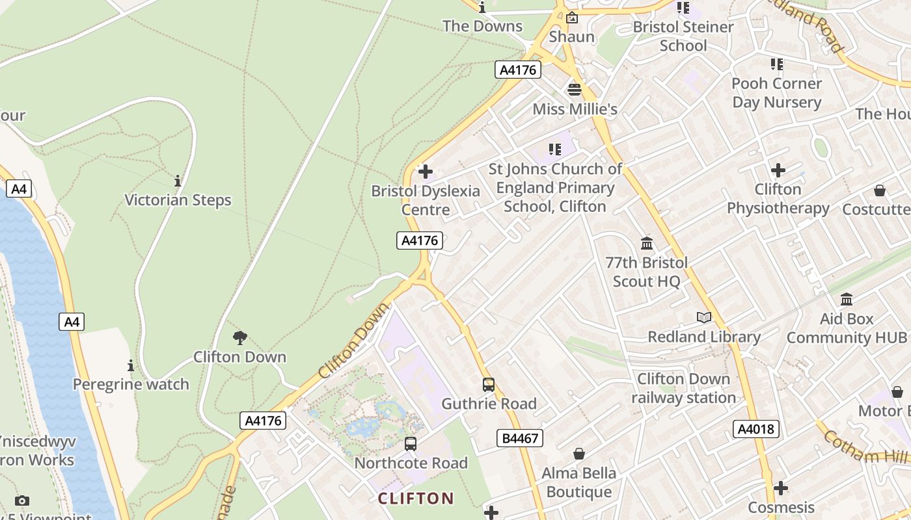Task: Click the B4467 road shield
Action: click(x=520, y=438)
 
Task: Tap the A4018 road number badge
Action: click(x=756, y=428)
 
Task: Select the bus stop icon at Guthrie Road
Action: click(x=489, y=385)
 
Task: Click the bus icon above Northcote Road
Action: click(x=411, y=444)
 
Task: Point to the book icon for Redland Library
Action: click(x=704, y=318)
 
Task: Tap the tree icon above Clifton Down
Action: click(x=240, y=337)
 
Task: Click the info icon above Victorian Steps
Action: click(x=178, y=181)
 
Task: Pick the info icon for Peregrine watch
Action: click(x=131, y=365)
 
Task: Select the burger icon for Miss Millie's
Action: click(x=575, y=90)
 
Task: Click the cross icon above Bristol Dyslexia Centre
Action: click(x=426, y=172)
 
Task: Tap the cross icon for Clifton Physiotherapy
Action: click(x=778, y=170)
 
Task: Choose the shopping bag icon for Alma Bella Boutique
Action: click(x=578, y=454)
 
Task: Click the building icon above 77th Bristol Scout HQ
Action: click(x=647, y=244)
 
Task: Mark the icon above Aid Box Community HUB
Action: click(x=847, y=300)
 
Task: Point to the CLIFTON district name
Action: click(x=416, y=499)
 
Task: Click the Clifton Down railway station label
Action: click(x=683, y=388)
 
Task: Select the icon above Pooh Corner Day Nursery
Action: click(x=777, y=64)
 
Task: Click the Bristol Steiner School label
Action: click(x=683, y=36)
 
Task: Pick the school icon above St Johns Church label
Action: click(x=555, y=150)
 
